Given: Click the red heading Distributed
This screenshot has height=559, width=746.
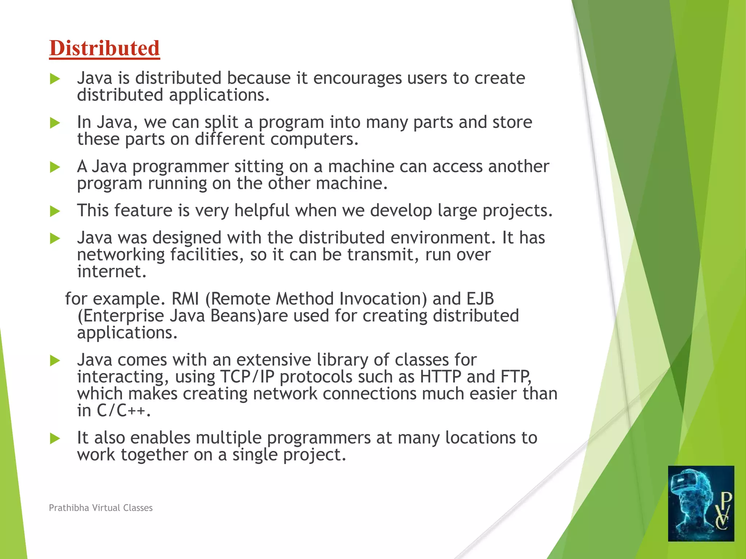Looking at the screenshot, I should tap(105, 48).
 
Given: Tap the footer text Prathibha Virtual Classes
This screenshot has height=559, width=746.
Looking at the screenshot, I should tap(101, 508).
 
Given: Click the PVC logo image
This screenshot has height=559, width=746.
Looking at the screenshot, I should tap(701, 503).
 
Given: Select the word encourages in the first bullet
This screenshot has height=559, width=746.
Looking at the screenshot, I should tap(357, 78).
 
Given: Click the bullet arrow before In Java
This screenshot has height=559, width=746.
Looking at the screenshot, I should tap(55, 123).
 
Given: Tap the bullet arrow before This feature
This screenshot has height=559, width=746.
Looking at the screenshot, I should tap(55, 211).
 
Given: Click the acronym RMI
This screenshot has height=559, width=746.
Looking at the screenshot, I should tap(185, 299).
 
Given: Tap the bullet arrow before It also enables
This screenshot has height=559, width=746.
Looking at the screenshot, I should tap(55, 438).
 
